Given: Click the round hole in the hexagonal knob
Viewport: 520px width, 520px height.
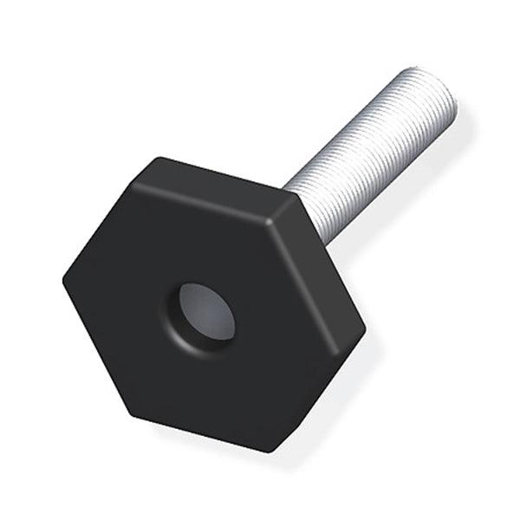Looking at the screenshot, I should coord(205,313).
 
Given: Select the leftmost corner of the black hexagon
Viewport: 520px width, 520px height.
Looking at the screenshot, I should coord(63,279).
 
